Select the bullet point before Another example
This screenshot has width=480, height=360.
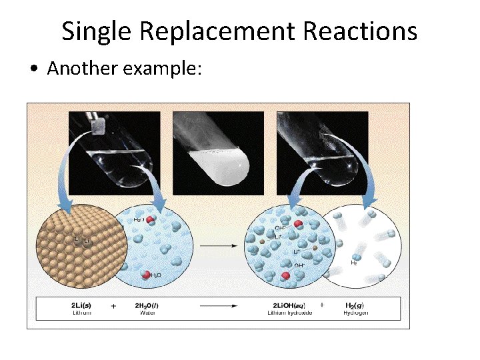[x=35, y=70]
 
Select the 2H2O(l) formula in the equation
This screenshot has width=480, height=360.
[x=147, y=305]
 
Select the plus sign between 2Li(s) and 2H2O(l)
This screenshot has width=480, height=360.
[x=113, y=305]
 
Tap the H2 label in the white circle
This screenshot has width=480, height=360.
[x=355, y=263]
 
